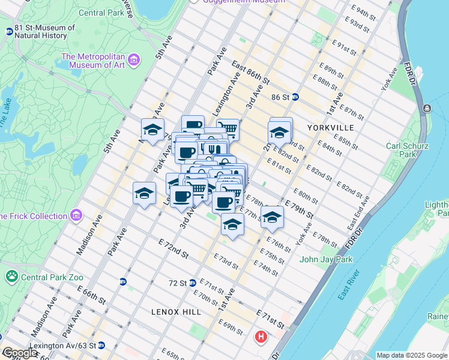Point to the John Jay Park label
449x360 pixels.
pyautogui.click(x=326, y=259)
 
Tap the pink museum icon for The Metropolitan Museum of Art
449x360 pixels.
pyautogui.click(x=133, y=60)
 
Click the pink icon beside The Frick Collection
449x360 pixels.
pyautogui.click(x=76, y=215)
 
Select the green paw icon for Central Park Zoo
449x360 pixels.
pyautogui.click(x=11, y=276)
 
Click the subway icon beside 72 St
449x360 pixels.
pyautogui.click(x=193, y=283)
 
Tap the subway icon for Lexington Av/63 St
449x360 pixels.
pyautogui.click(x=101, y=345)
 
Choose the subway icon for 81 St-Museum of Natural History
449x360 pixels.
pyautogui.click(x=9, y=31)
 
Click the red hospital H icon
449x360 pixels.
pyautogui.click(x=261, y=337)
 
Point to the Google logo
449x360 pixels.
pyautogui.click(x=20, y=353)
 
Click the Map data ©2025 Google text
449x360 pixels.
pyautogui.click(x=412, y=355)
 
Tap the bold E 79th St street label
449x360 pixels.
pyautogui.click(x=300, y=211)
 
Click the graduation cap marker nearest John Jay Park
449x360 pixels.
pyautogui.click(x=272, y=217)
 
